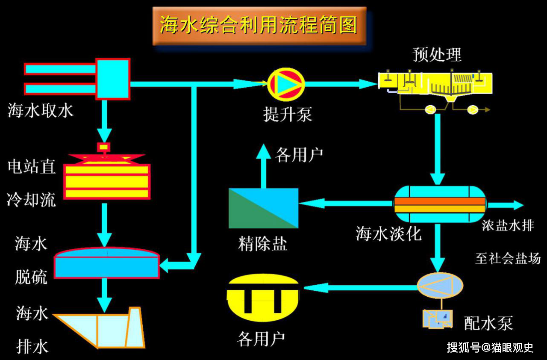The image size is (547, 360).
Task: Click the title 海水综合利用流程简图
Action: (259, 25)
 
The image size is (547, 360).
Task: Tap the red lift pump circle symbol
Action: (286, 84)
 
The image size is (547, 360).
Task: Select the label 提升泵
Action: (288, 115)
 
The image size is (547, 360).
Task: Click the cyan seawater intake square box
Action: (113, 79)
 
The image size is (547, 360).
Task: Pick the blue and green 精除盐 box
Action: (263, 208)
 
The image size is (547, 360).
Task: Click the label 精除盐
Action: (262, 244)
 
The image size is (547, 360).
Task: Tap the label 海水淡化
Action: (388, 234)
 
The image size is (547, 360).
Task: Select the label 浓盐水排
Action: (508, 226)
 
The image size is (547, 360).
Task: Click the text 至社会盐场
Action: (508, 258)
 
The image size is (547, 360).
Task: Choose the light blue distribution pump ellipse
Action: (440, 285)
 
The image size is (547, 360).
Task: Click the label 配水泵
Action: (488, 323)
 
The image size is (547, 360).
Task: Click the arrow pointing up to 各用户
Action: (263, 167)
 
